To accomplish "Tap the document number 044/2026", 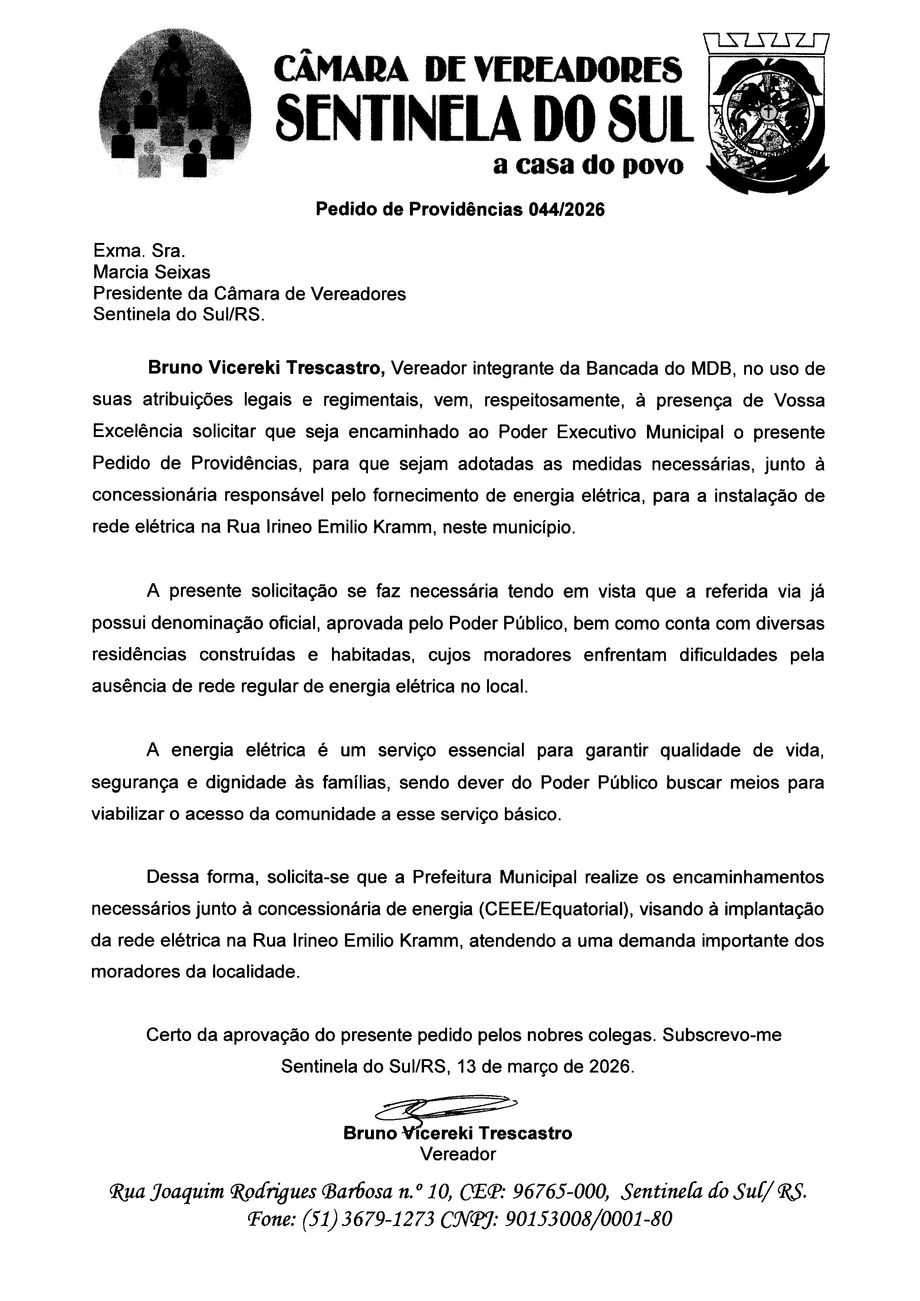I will [x=566, y=210].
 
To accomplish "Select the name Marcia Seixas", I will [x=151, y=273].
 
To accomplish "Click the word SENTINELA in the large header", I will [x=405, y=116].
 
